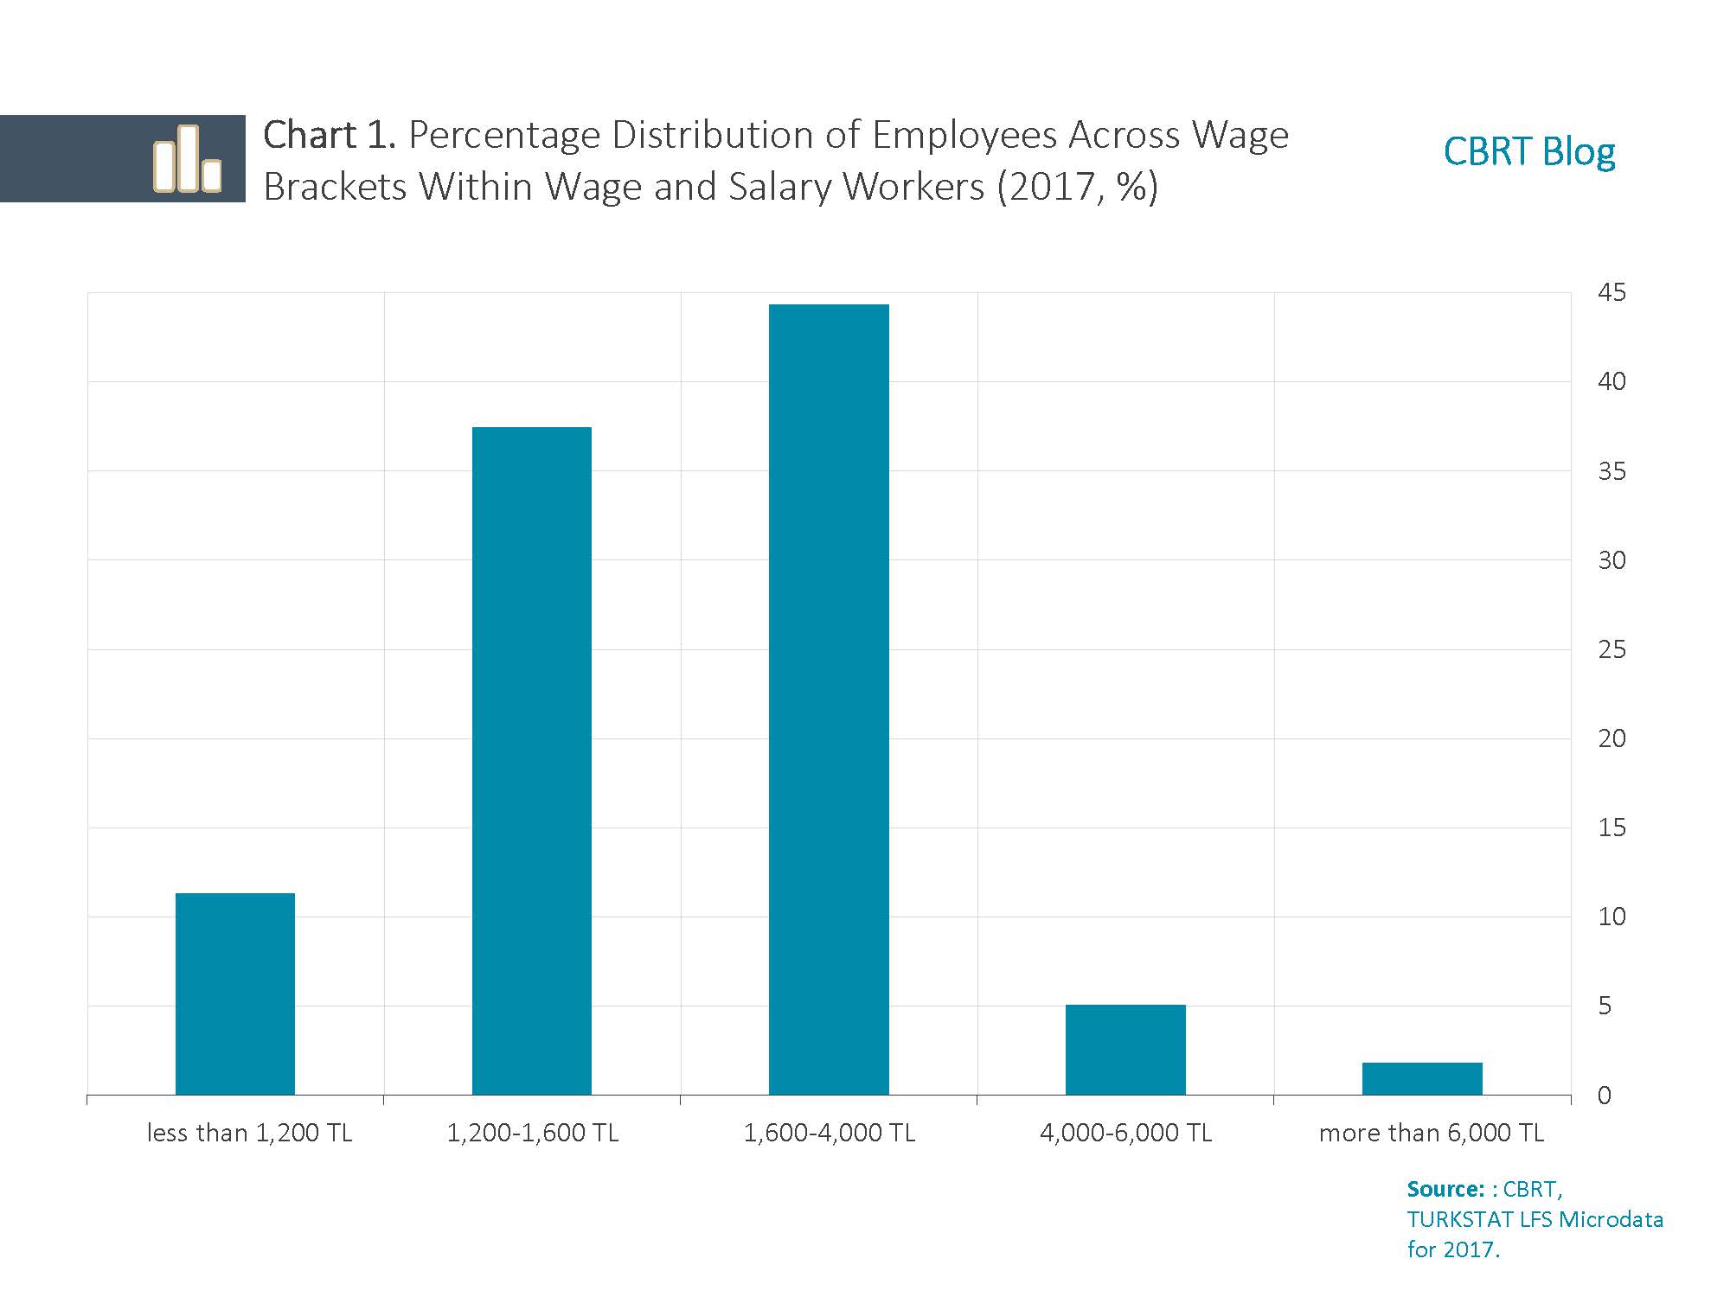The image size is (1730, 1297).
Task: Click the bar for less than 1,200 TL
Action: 235,994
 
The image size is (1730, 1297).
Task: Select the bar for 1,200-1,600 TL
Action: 532,761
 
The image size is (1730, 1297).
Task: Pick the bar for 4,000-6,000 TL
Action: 1125,1050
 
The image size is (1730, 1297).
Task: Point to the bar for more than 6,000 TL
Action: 1422,1078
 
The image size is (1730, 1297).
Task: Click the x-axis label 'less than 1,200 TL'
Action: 250,1133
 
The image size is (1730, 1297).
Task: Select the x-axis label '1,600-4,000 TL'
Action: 829,1133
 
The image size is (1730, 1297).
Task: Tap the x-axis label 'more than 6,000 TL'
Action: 1431,1133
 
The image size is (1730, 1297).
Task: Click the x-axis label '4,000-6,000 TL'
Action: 1125,1133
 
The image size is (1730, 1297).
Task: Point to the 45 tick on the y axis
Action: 1611,293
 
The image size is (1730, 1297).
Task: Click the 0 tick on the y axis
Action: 1605,1096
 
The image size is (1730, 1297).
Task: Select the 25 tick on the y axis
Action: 1611,649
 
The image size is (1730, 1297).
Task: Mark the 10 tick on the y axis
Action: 1611,917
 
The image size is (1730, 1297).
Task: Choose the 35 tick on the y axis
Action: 1611,471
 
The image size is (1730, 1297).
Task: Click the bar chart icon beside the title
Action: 187,158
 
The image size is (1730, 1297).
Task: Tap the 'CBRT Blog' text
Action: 1528,152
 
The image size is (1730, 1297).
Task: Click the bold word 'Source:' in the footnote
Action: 1445,1189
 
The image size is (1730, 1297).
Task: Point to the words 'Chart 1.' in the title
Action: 329,136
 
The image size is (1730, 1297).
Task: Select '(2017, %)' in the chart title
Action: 1077,187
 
